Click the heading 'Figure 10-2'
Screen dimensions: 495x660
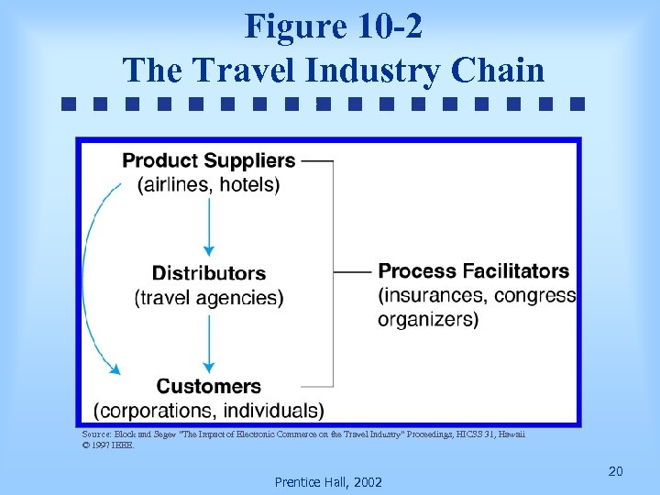click(333, 27)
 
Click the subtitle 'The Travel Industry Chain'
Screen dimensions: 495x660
click(333, 70)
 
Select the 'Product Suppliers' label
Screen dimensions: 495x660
click(209, 160)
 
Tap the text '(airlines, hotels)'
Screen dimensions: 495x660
click(209, 184)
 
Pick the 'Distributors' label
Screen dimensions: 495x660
click(209, 273)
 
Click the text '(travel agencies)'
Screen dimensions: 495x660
click(209, 297)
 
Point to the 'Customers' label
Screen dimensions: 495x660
click(209, 386)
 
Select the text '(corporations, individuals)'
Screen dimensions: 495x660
click(209, 410)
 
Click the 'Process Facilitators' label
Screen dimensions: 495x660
click(474, 271)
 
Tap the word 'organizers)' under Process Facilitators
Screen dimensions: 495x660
click(428, 320)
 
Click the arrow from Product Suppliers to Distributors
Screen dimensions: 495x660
click(209, 225)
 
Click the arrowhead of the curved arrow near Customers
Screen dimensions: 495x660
click(115, 369)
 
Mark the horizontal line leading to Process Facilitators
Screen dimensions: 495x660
click(353, 272)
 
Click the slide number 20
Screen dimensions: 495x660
click(615, 471)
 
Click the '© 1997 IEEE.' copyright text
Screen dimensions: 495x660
click(108, 445)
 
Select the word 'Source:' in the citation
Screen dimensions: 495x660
click(96, 434)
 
